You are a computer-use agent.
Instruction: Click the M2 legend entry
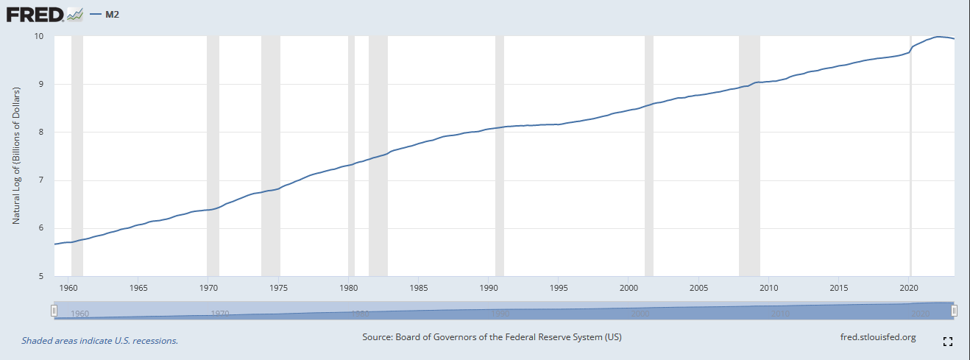(x=107, y=13)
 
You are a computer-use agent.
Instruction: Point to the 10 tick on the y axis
(x=39, y=36)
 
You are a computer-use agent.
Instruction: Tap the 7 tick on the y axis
(x=40, y=180)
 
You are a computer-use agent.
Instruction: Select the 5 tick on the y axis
(x=40, y=276)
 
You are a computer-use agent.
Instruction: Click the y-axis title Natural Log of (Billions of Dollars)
(x=16, y=155)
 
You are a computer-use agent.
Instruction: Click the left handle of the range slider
(x=54, y=311)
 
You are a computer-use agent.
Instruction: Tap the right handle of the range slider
(x=954, y=311)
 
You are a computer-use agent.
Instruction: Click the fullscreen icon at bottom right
(x=948, y=342)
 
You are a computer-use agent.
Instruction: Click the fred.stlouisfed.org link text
(x=877, y=337)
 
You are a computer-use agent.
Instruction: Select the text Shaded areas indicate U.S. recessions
(x=100, y=341)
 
